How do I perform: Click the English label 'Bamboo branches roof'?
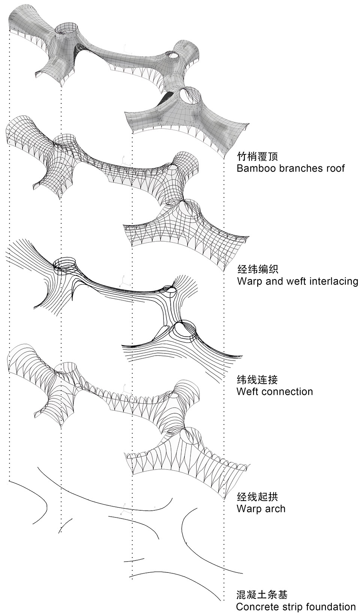pos(290,167)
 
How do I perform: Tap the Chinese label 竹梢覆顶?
pos(257,156)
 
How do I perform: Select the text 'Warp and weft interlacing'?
pos(297,281)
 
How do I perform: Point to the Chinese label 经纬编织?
pos(257,269)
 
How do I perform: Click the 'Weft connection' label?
pos(274,392)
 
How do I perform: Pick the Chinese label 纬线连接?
pos(257,380)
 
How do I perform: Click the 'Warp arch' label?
pos(261,508)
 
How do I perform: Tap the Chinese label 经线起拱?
pos(257,497)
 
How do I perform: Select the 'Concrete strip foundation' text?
pos(296,607)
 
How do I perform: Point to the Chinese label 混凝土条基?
pos(262,595)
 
